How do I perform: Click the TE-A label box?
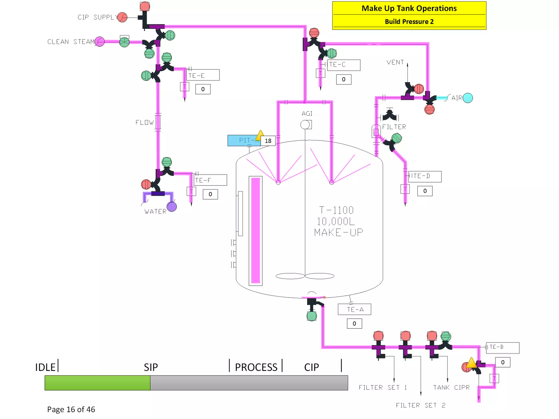(x=354, y=309)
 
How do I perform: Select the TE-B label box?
(x=502, y=348)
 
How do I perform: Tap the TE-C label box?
(x=343, y=65)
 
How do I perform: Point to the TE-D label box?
(x=424, y=176)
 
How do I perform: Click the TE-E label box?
(x=203, y=75)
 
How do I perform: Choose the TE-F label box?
(x=210, y=180)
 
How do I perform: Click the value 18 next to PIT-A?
(x=268, y=141)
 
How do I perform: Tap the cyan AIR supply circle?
(x=468, y=98)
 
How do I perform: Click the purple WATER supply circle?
(x=172, y=206)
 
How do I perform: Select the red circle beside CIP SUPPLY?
(x=123, y=17)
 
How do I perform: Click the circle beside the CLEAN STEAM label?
(x=100, y=42)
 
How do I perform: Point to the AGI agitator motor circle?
(x=305, y=125)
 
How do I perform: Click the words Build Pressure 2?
(x=409, y=22)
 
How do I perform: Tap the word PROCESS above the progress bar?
(x=256, y=367)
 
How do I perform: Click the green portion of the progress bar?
(x=97, y=382)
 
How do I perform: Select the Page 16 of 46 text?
(x=71, y=409)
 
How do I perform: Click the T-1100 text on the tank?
(x=336, y=210)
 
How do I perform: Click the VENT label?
(x=395, y=62)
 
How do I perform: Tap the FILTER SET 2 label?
(x=420, y=405)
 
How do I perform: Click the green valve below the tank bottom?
(x=312, y=316)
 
